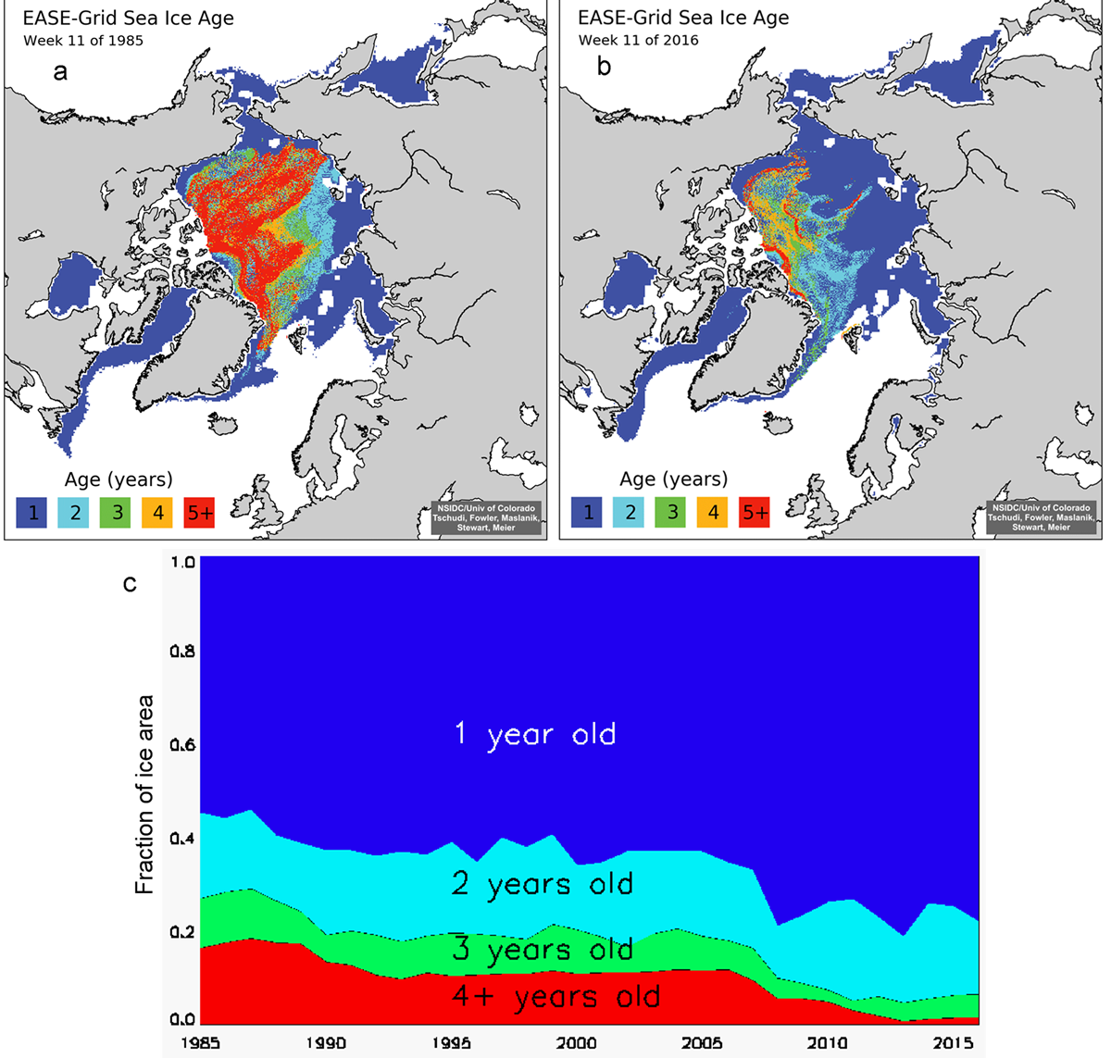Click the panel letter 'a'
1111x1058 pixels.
pyautogui.click(x=60, y=71)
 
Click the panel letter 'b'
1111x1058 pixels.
pyautogui.click(x=605, y=67)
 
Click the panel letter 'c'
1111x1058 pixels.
pyautogui.click(x=130, y=583)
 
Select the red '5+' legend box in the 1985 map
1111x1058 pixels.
pyautogui.click(x=199, y=512)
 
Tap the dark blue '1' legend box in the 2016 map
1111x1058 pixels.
pyautogui.click(x=587, y=512)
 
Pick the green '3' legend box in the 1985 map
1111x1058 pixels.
pyautogui.click(x=116, y=512)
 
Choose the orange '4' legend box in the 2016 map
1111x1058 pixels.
pyautogui.click(x=713, y=512)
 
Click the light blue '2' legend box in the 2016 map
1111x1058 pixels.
pyautogui.click(x=630, y=512)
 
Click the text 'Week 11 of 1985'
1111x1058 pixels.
pyautogui.click(x=83, y=41)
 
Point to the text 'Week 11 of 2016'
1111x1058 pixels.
pyautogui.click(x=639, y=41)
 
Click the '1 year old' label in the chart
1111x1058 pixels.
pyautogui.click(x=535, y=735)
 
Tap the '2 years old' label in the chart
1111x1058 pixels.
pyautogui.click(x=543, y=884)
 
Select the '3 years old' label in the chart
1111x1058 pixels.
pyautogui.click(x=543, y=950)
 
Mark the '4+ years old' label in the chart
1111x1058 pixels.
pyautogui.click(x=556, y=997)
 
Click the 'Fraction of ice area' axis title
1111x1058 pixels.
pyautogui.click(x=144, y=794)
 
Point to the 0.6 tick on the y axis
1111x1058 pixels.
pyautogui.click(x=183, y=745)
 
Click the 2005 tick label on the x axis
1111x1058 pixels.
pyautogui.click(x=701, y=1043)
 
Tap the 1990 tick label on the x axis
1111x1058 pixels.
pyautogui.click(x=326, y=1043)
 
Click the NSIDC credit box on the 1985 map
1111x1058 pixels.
pyautogui.click(x=486, y=517)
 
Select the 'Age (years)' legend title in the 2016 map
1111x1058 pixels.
pyautogui.click(x=673, y=479)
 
